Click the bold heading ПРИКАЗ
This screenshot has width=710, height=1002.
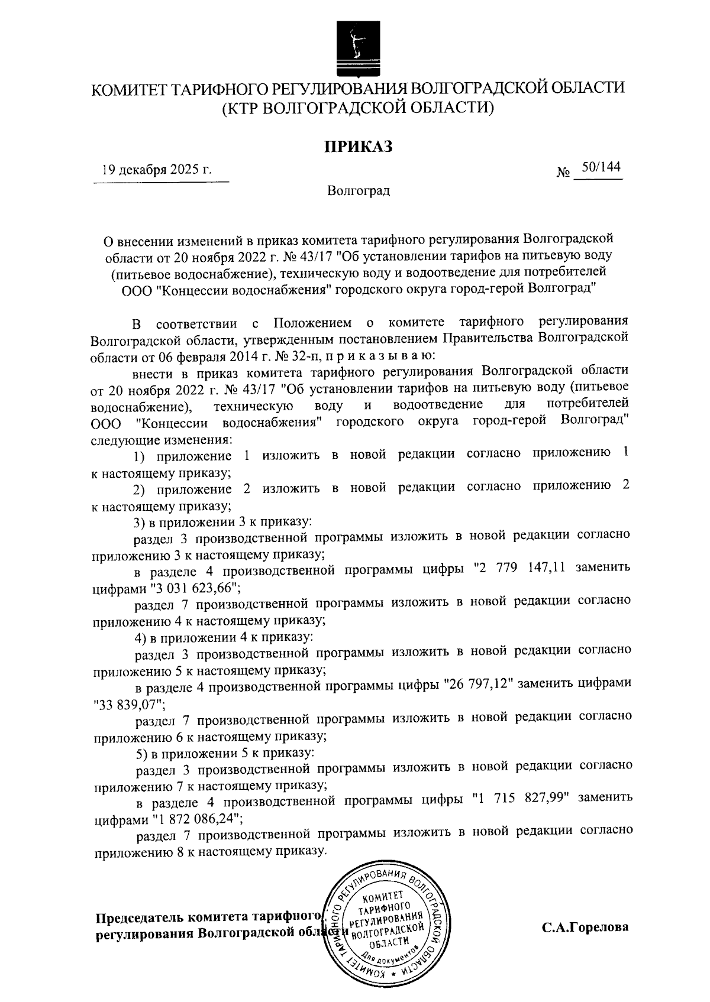point(358,147)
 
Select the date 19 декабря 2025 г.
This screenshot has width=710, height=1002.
point(157,171)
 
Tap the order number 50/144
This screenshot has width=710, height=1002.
point(601,168)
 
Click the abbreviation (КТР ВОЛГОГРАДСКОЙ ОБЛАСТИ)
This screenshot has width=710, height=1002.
point(358,109)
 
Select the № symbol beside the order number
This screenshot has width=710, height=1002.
point(563,173)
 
